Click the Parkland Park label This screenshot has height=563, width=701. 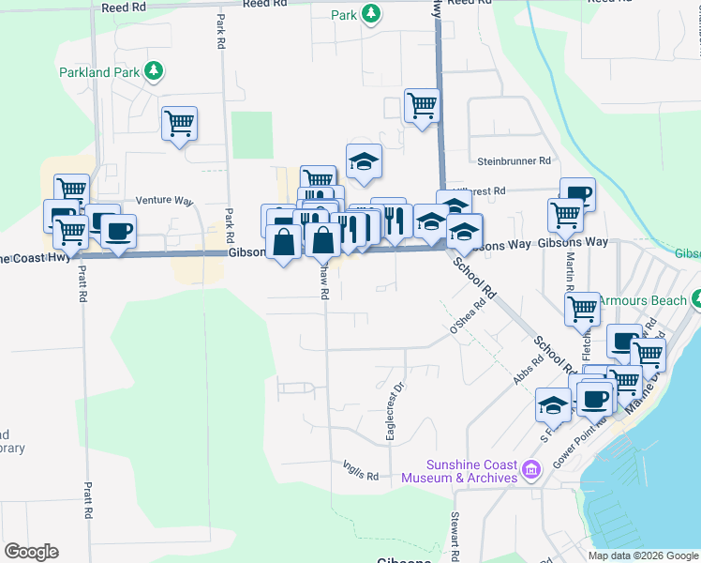coord(98,71)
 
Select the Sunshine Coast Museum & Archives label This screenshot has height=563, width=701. coord(459,471)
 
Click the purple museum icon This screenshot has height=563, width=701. coord(531,468)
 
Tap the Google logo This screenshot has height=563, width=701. coord(31,552)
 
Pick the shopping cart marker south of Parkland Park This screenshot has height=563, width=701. coord(179,123)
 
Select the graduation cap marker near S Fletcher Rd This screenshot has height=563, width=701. coord(553,404)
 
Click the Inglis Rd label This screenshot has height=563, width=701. coord(360,476)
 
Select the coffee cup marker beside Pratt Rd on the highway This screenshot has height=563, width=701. coord(118,231)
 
